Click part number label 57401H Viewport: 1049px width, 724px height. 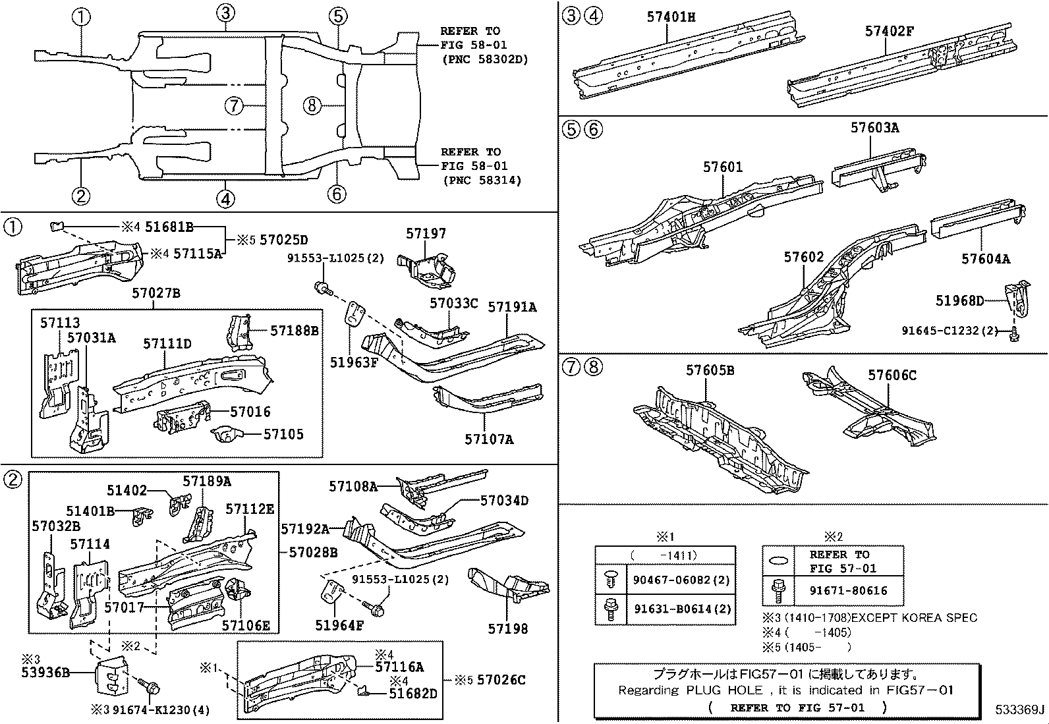click(670, 17)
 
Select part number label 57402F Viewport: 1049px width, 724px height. click(888, 31)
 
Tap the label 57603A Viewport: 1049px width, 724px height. click(874, 128)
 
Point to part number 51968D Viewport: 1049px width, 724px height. click(959, 301)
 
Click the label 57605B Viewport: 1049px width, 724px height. click(710, 371)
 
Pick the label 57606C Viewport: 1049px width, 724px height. click(892, 376)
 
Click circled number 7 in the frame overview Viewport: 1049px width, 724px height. click(234, 105)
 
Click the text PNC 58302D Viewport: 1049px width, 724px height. click(485, 59)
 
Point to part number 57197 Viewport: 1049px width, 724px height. click(426, 234)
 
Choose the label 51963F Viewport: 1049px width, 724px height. click(354, 361)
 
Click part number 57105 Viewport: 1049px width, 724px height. click(283, 434)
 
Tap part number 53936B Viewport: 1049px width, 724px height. click(46, 673)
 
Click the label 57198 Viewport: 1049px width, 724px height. click(507, 628)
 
